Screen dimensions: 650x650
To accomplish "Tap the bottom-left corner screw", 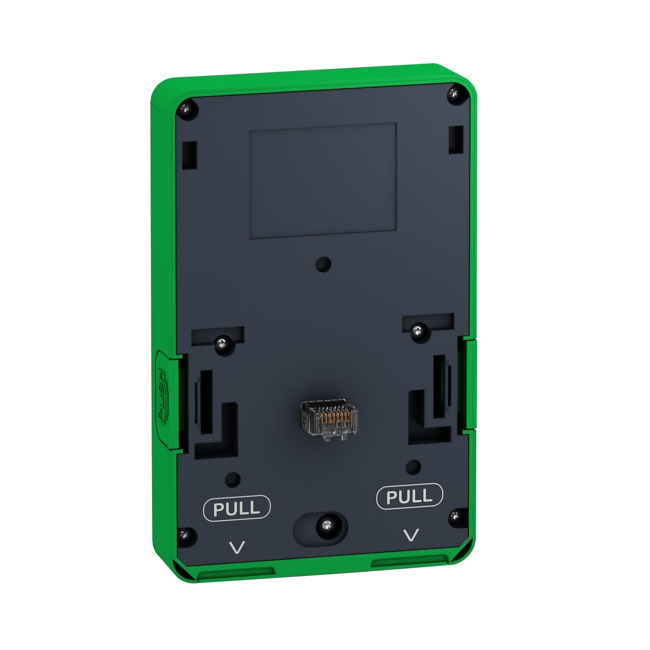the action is [186, 534].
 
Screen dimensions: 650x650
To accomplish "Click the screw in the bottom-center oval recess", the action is [325, 526].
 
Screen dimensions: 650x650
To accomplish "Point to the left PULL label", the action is [237, 508].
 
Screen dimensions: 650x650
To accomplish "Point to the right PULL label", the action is [409, 496].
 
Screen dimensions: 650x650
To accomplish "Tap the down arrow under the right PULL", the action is [411, 535].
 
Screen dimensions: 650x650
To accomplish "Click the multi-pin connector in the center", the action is [329, 420].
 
